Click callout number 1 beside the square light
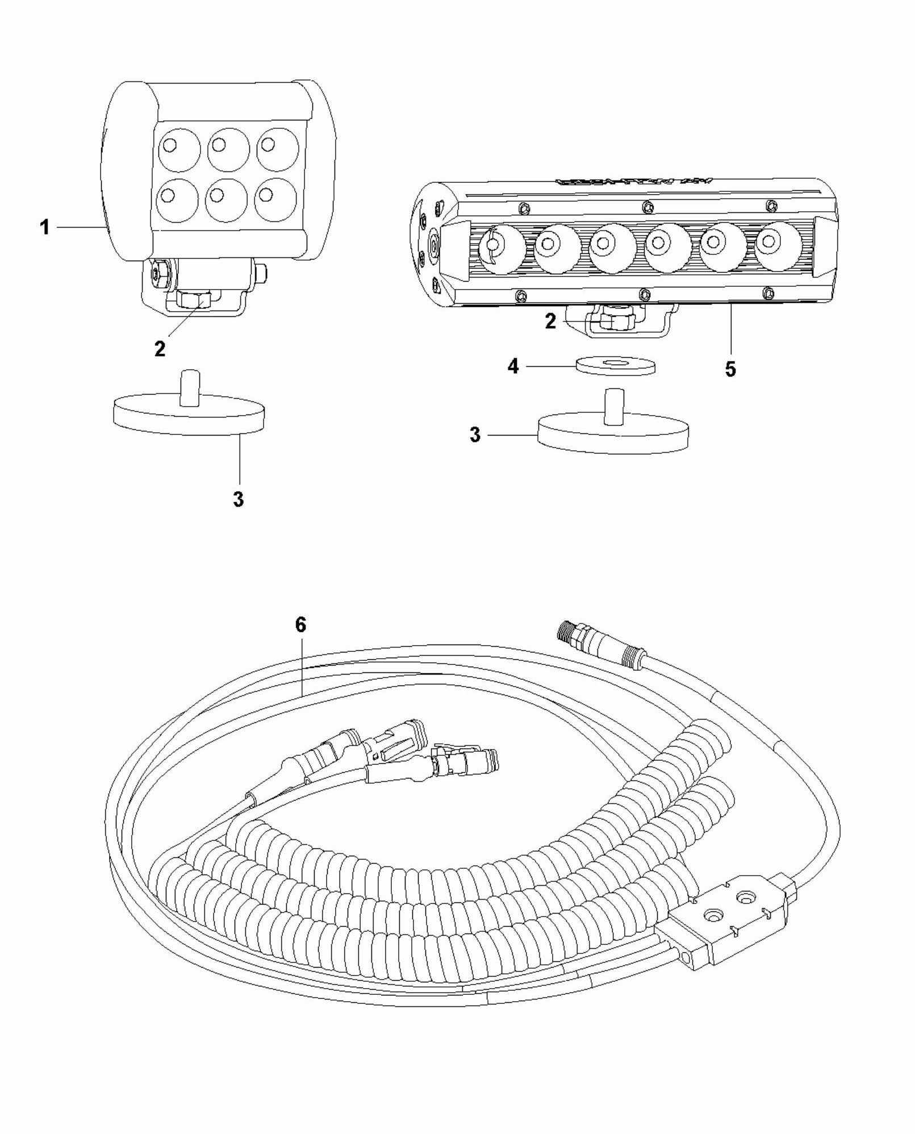(x=44, y=228)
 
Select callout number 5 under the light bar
(x=730, y=369)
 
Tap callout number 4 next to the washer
(x=513, y=367)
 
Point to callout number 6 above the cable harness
(x=300, y=625)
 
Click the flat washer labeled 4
(x=615, y=365)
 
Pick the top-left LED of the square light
(x=178, y=149)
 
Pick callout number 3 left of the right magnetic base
(x=475, y=436)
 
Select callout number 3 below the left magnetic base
(x=239, y=499)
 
